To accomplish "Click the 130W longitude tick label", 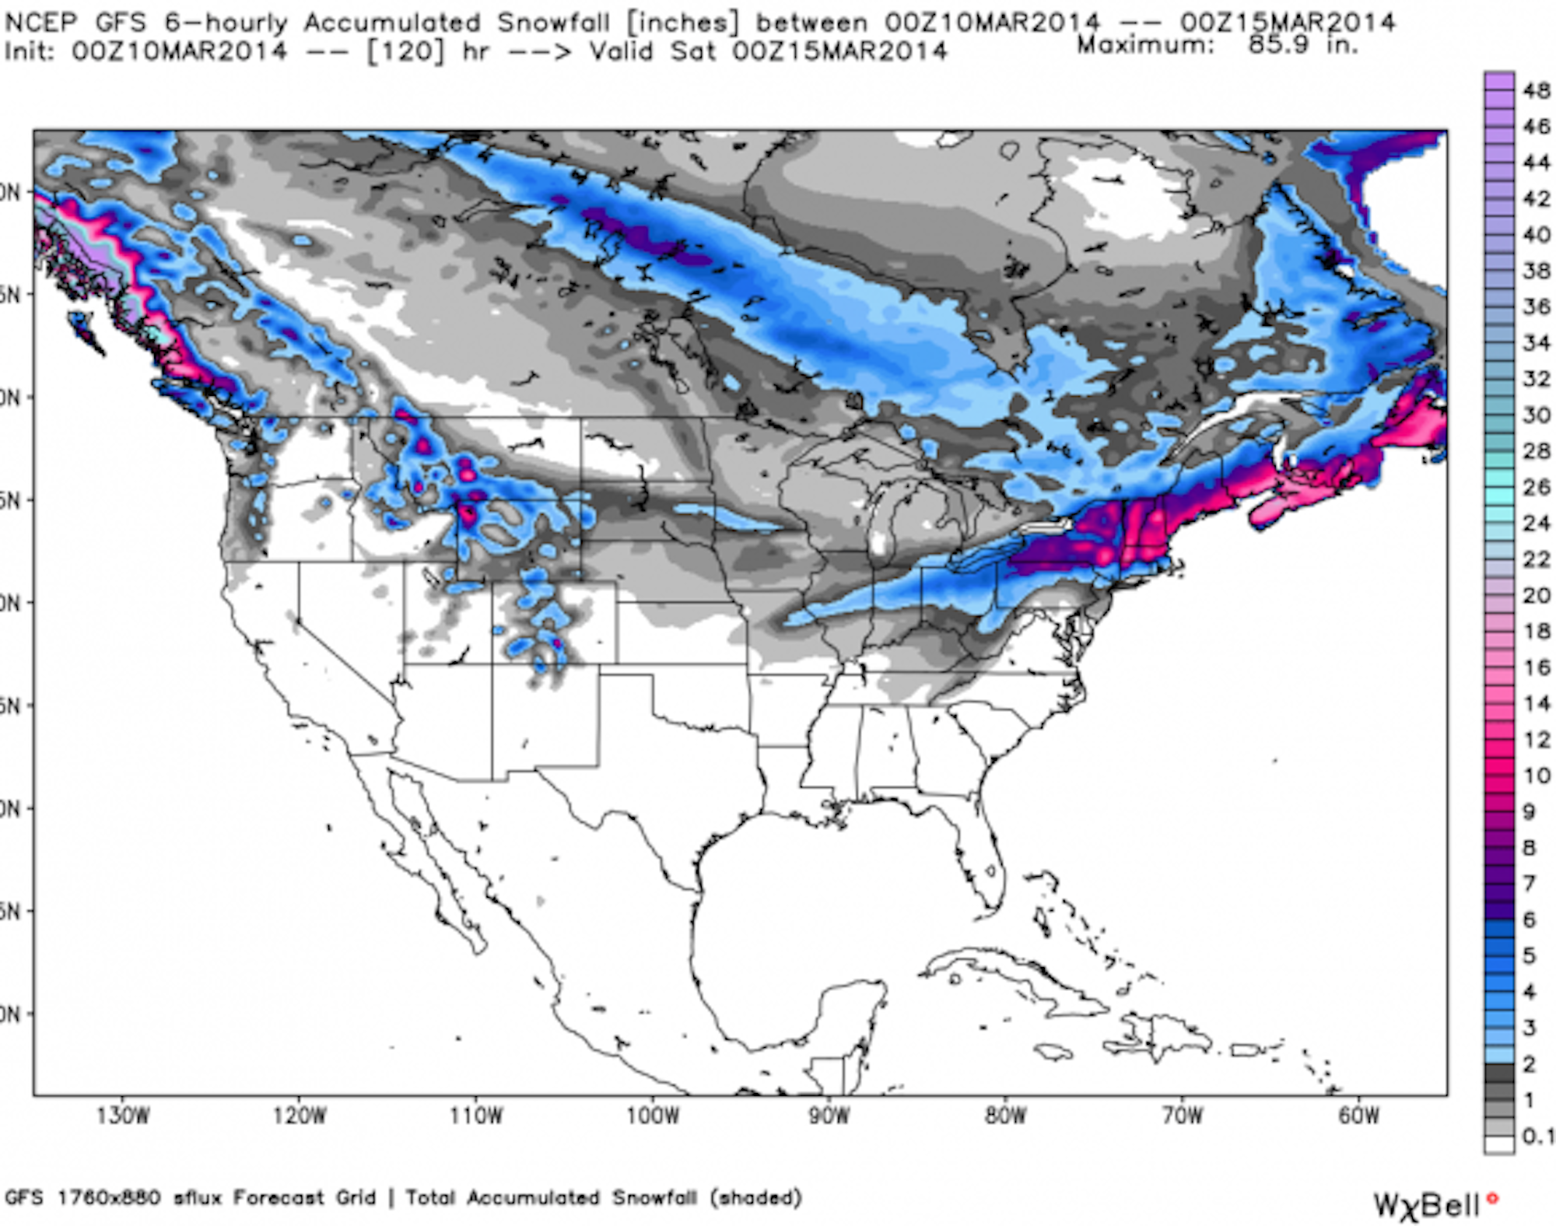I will (x=123, y=1116).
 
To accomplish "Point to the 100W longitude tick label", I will (x=653, y=1116).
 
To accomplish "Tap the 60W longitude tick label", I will (x=1358, y=1116).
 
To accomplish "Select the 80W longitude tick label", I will (x=1005, y=1116).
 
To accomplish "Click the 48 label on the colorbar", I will (x=1536, y=91).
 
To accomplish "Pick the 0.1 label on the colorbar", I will (x=1537, y=1136).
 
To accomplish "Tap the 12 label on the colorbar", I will (x=1536, y=739).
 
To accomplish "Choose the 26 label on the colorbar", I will (x=1536, y=487).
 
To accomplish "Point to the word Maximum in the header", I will (x=1145, y=45).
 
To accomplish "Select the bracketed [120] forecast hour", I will (x=404, y=52).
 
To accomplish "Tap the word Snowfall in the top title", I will (x=553, y=23).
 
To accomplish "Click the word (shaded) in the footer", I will (x=755, y=1197).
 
